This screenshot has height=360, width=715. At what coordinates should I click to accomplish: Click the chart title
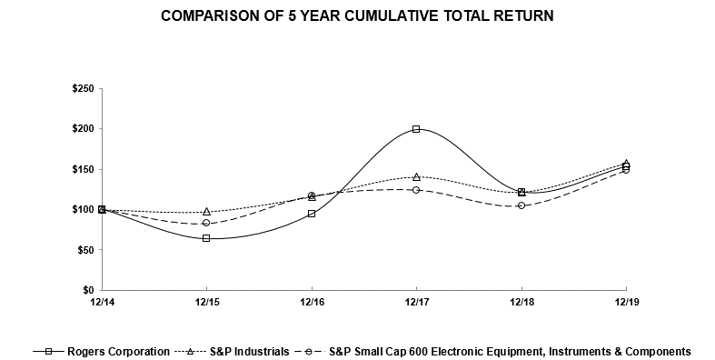(357, 16)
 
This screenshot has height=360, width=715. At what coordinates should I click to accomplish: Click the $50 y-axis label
(84, 250)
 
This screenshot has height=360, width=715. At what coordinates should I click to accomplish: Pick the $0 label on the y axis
(86, 290)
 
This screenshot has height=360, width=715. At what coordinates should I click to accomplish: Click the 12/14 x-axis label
(102, 302)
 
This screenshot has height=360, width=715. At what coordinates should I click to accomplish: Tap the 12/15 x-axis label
(206, 302)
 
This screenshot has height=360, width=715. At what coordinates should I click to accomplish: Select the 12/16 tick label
(312, 302)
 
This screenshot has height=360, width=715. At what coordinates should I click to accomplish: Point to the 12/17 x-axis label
(416, 302)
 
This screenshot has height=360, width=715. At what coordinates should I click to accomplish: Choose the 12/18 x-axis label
(521, 302)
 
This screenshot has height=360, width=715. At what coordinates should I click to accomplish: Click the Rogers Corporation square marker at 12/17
(416, 129)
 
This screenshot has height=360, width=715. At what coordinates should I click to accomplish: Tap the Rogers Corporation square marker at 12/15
(206, 238)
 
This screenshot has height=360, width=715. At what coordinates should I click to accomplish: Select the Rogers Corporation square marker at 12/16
(312, 214)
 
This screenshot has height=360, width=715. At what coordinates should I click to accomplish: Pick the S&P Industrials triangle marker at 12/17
(416, 176)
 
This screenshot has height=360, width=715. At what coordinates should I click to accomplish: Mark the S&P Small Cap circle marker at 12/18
(521, 205)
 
